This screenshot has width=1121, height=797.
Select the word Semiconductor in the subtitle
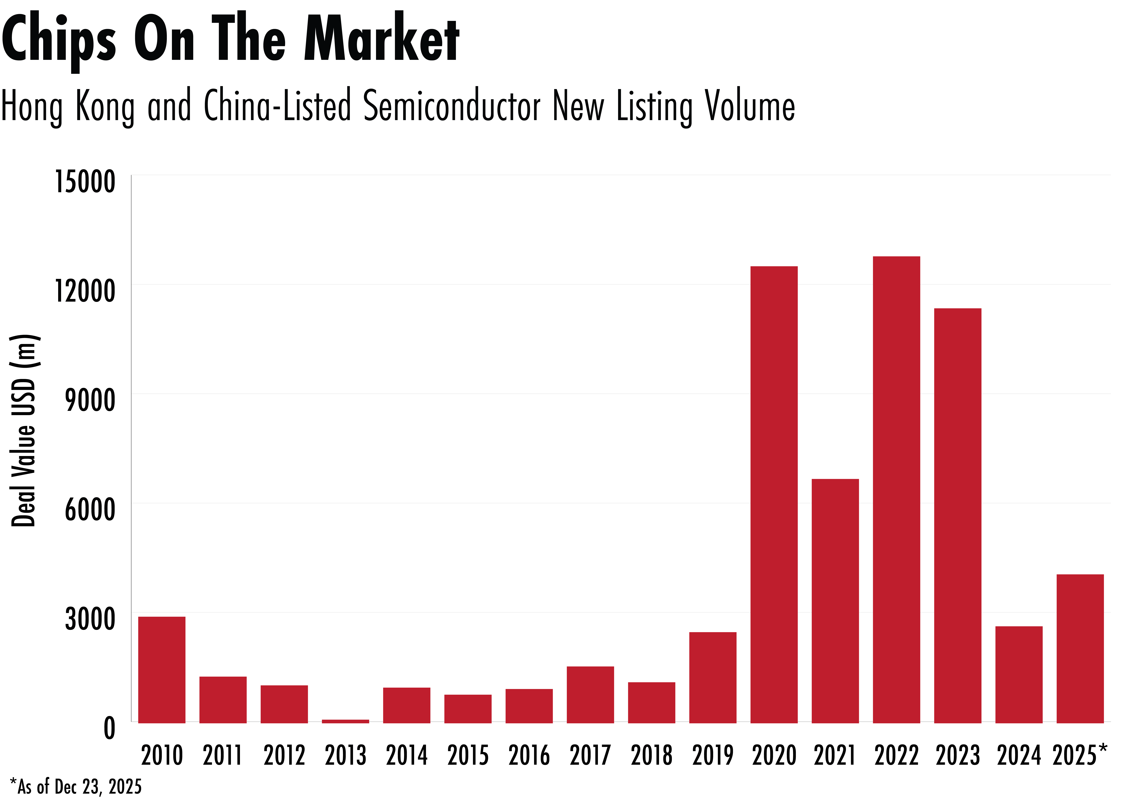point(452,106)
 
